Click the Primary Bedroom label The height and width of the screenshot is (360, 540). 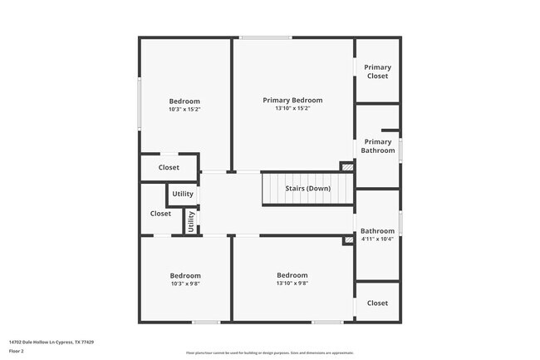tap(292, 100)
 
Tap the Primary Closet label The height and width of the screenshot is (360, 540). tap(378, 72)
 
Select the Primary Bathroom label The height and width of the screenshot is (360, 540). tap(378, 146)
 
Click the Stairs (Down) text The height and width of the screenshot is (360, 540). tap(307, 189)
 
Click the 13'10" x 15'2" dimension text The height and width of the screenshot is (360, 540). tap(292, 108)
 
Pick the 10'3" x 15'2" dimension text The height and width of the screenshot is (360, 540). tap(184, 109)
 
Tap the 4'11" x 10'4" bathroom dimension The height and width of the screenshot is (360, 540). tap(377, 239)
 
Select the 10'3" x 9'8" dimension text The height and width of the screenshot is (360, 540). tap(185, 284)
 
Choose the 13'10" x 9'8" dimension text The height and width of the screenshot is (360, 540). tap(292, 283)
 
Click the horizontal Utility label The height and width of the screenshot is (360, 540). tap(183, 195)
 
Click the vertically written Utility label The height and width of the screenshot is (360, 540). tap(191, 221)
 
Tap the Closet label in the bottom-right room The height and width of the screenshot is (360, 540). tap(377, 303)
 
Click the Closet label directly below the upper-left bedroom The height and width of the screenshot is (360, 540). tap(169, 167)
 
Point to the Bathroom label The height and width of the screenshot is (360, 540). tap(377, 231)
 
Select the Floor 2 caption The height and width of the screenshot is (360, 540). tap(17, 352)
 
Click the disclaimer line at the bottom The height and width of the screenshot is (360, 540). tap(270, 353)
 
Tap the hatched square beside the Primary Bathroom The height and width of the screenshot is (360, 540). tap(347, 166)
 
